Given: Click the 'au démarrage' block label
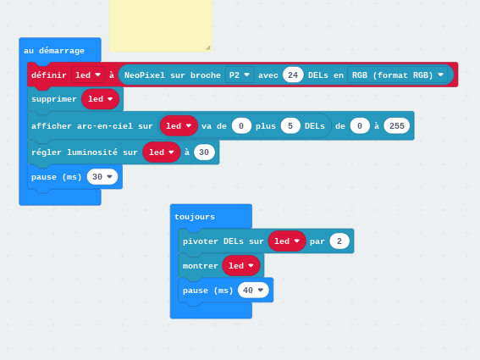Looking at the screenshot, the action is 54,51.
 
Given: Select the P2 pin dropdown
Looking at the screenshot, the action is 240,75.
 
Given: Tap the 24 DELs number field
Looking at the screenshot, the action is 293,75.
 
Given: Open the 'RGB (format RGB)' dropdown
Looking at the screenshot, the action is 397,75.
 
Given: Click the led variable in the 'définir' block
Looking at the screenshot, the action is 88,75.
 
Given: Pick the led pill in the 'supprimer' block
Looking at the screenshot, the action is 101,99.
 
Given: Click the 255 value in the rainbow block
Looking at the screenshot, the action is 397,126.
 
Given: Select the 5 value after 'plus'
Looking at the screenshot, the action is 290,126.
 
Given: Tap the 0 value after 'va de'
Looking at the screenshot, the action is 241,126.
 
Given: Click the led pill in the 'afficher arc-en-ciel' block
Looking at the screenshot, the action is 179,126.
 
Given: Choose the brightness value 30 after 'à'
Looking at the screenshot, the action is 204,152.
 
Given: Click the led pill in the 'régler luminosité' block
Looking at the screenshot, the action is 162,152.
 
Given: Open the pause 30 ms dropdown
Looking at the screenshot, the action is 102,177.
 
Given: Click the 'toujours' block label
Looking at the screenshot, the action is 195,217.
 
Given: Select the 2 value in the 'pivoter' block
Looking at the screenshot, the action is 339,241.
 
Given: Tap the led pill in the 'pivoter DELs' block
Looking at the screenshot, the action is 287,241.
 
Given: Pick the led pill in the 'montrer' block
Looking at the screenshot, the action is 241,266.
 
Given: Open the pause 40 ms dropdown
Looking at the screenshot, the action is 253,291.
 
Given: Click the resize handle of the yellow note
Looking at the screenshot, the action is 208,47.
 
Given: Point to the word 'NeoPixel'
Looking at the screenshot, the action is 141,75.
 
